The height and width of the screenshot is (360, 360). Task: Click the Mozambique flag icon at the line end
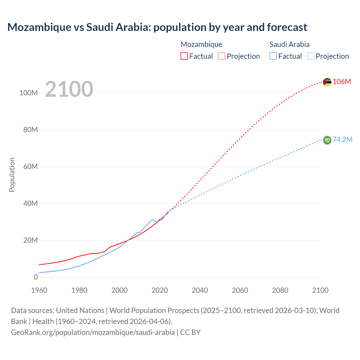pos(327,82)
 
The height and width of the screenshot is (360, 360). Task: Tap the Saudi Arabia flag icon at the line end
pos(327,140)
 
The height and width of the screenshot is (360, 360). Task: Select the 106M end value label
pos(342,82)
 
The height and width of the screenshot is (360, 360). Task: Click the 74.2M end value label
pos(342,140)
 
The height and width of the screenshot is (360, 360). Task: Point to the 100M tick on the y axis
pos(28,93)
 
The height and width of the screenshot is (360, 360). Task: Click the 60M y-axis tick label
pos(30,167)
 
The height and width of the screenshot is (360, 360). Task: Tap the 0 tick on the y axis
pos(36,277)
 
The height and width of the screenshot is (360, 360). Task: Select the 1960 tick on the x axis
pos(39,291)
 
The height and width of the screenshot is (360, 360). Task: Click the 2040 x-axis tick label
pos(200,291)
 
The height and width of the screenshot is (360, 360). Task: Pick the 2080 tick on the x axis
pos(280,291)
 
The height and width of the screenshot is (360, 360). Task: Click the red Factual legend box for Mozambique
pos(184,56)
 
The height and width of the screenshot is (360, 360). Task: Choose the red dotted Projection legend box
pos(222,56)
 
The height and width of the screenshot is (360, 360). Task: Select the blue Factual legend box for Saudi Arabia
pos(273,56)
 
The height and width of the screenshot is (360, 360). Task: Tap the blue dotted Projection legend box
pos(310,56)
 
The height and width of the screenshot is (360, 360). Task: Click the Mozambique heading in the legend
pos(201,44)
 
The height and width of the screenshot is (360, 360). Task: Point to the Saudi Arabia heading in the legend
pos(289,44)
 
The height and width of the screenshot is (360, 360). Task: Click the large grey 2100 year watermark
pos(69,89)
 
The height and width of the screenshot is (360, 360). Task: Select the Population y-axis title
pos(12,175)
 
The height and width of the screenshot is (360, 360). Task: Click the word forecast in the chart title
pos(287,27)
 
